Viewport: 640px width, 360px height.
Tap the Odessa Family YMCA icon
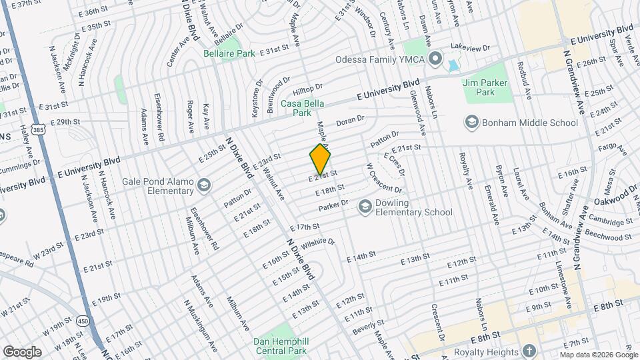pyautogui.click(x=435, y=59)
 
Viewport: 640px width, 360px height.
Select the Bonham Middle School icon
pyautogui.click(x=472, y=123)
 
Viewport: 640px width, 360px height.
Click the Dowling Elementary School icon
pyautogui.click(x=365, y=207)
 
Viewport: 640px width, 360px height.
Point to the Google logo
pyautogui.click(x=22, y=352)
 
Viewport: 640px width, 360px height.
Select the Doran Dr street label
pyautogui.click(x=351, y=121)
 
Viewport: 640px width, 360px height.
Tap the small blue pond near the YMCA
pyautogui.click(x=453, y=67)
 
